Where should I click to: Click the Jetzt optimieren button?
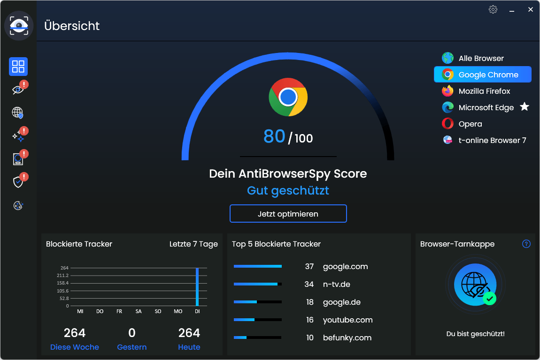pyautogui.click(x=288, y=214)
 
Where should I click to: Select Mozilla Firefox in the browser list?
pyautogui.click(x=484, y=91)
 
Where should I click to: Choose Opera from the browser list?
pyautogui.click(x=470, y=124)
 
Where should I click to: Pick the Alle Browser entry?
pyautogui.click(x=481, y=58)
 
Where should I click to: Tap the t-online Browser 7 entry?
pyautogui.click(x=492, y=140)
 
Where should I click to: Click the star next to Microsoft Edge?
pyautogui.click(x=525, y=107)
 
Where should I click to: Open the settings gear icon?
pyautogui.click(x=493, y=9)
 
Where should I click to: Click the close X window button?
pyautogui.click(x=531, y=9)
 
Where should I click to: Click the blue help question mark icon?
pyautogui.click(x=526, y=244)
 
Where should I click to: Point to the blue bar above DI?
pyautogui.click(x=197, y=286)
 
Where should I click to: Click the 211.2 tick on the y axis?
pyautogui.click(x=63, y=275)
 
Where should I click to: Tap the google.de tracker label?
pyautogui.click(x=341, y=302)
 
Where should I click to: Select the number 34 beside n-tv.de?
pyautogui.click(x=309, y=284)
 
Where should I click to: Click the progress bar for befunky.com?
pyautogui.click(x=257, y=337)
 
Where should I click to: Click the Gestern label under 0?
pyautogui.click(x=132, y=347)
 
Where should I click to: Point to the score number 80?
pyautogui.click(x=274, y=136)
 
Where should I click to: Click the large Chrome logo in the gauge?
pyautogui.click(x=288, y=97)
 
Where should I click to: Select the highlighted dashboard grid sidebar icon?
pyautogui.click(x=18, y=67)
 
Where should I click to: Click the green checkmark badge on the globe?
pyautogui.click(x=490, y=298)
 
